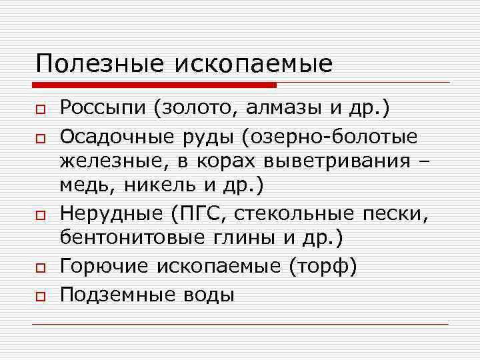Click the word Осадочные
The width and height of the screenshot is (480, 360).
point(116,137)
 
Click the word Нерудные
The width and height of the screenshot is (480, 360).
point(111,214)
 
